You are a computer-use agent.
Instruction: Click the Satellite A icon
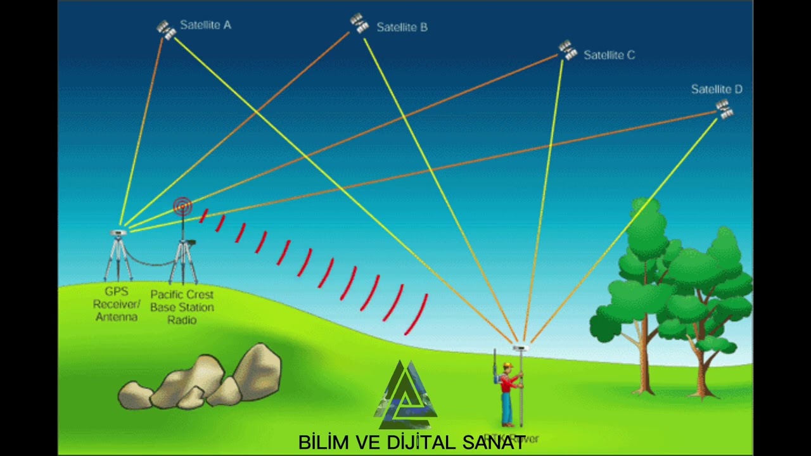(x=166, y=30)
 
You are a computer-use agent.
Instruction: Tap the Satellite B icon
(x=359, y=23)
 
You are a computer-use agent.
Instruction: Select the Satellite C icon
(x=567, y=50)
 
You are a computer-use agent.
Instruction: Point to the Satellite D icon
(x=724, y=109)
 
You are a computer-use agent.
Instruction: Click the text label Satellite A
(x=205, y=25)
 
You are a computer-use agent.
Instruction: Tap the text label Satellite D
(x=717, y=89)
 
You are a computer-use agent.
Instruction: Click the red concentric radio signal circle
(x=182, y=206)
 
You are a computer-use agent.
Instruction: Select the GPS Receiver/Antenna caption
(x=117, y=304)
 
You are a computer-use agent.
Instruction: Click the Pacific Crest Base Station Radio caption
(x=182, y=307)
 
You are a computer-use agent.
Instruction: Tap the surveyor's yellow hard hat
(x=508, y=366)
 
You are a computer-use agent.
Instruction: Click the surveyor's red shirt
(x=508, y=382)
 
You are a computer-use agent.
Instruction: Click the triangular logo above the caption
(x=406, y=396)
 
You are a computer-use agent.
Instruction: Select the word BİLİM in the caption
(x=323, y=442)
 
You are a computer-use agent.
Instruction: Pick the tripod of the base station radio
(x=183, y=263)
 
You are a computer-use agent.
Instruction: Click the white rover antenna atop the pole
(x=520, y=347)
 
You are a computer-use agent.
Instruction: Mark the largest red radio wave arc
(x=416, y=313)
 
